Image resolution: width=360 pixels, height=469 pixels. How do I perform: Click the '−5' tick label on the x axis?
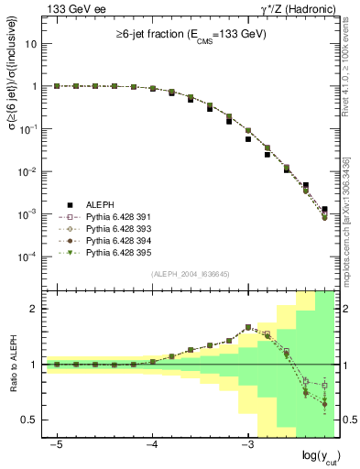(57, 444)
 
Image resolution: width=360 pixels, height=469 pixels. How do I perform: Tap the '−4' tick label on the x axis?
(152, 444)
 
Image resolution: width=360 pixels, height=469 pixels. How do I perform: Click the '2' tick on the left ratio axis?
(36, 309)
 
